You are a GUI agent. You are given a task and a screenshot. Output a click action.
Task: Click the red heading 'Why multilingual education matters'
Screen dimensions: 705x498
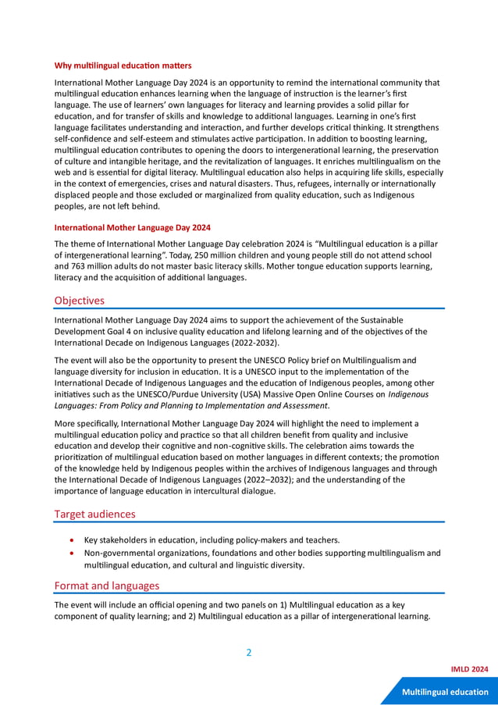[123, 65]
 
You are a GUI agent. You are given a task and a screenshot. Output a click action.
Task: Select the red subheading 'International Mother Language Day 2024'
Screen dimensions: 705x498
[132, 228]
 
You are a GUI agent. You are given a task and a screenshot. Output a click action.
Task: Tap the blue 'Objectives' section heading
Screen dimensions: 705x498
[79, 300]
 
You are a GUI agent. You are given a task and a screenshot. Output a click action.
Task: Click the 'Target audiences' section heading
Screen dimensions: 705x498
[94, 514]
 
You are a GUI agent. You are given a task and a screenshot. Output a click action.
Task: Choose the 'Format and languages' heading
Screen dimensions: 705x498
[106, 586]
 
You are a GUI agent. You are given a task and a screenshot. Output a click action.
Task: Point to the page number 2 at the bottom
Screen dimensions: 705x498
[249, 653]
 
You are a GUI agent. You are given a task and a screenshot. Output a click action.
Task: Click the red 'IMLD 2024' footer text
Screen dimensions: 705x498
[469, 670]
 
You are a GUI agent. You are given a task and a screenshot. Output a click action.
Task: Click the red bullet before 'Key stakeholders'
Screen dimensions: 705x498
[73, 539]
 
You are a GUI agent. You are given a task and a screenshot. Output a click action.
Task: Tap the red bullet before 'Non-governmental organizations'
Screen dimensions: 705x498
[73, 553]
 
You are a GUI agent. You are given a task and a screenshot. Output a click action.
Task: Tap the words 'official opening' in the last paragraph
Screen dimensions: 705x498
[168, 605]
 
